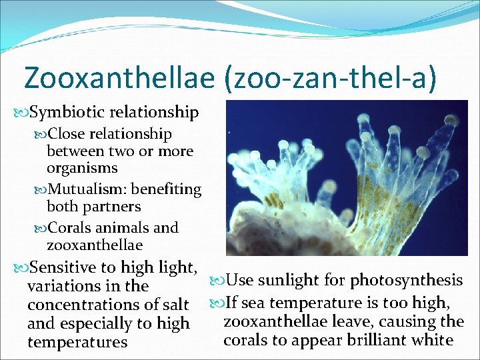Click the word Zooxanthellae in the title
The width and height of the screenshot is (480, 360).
pyautogui.click(x=119, y=77)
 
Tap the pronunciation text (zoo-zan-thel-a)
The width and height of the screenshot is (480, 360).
pyautogui.click(x=331, y=77)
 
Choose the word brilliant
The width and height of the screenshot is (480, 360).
pyautogui.click(x=371, y=340)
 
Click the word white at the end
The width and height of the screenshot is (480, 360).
pyautogui.click(x=433, y=340)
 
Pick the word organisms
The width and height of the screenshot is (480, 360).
pyautogui.click(x=82, y=168)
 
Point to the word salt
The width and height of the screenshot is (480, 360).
pyautogui.click(x=176, y=305)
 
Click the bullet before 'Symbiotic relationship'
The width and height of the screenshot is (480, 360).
pyautogui.click(x=19, y=112)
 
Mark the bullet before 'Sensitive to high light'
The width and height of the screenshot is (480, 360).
pyautogui.click(x=19, y=267)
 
